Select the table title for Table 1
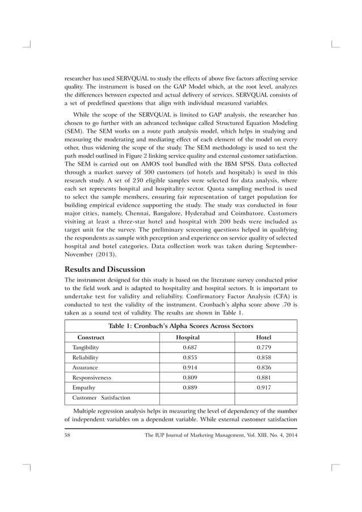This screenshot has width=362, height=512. [180, 325]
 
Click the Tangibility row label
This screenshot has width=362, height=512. [86, 347]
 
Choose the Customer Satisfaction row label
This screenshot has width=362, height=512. [101, 398]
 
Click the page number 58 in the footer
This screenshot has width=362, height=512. [68, 435]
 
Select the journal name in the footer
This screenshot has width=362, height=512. [221, 435]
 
